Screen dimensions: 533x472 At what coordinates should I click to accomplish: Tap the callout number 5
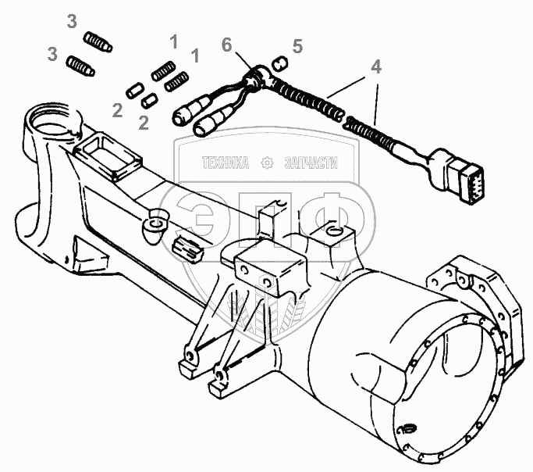click(x=297, y=47)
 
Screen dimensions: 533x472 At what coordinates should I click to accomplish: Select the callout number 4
click(x=376, y=68)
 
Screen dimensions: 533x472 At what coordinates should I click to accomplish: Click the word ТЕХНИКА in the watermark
click(x=226, y=163)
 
